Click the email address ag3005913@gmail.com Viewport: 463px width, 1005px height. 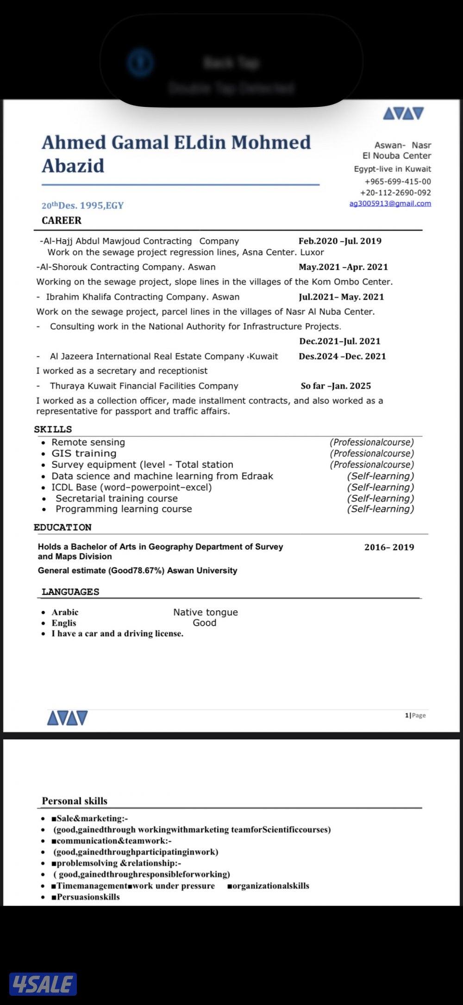[x=390, y=204]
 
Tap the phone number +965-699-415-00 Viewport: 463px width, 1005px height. [x=397, y=181]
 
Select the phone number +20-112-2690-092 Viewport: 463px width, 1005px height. [x=395, y=192]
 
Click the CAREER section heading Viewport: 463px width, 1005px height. [x=62, y=221]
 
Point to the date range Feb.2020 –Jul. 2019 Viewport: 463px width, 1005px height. [x=340, y=241]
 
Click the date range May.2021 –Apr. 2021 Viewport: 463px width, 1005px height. [x=343, y=267]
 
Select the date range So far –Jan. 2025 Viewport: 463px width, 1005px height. [x=336, y=386]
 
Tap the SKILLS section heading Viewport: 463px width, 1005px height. [x=53, y=429]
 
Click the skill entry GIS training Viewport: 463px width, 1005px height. [x=84, y=453]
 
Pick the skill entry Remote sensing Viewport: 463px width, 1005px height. [x=88, y=442]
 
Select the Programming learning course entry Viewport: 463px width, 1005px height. [x=124, y=509]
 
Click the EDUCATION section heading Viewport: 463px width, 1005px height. [x=63, y=527]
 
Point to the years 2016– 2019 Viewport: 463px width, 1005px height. [x=389, y=547]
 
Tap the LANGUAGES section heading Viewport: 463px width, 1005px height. [x=70, y=592]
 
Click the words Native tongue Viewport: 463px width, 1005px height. [x=206, y=612]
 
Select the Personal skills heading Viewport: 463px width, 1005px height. [x=75, y=801]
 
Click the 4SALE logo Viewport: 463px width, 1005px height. [x=43, y=984]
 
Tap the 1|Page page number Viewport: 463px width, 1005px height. [x=415, y=715]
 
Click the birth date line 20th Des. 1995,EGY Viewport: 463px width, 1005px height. [x=82, y=205]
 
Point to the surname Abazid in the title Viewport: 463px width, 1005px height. [x=73, y=166]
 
